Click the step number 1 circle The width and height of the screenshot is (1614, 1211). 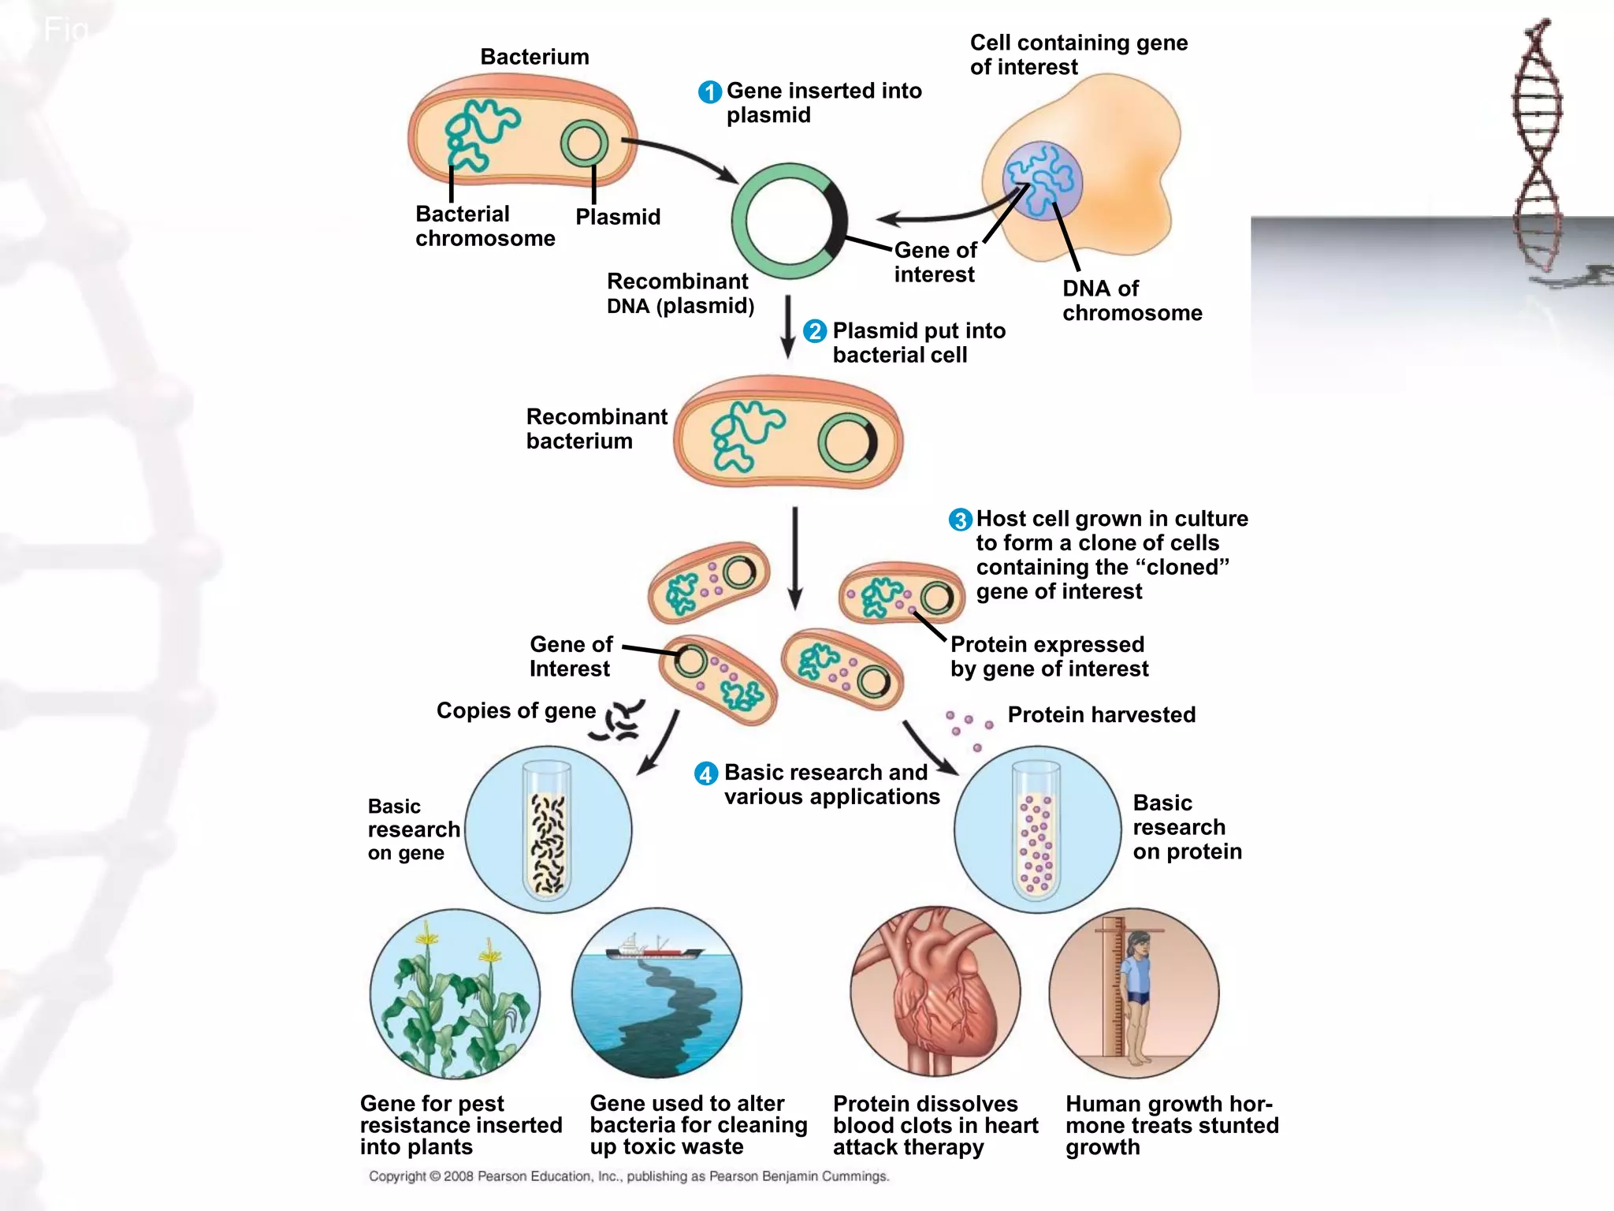point(709,92)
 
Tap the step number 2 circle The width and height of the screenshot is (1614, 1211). point(815,331)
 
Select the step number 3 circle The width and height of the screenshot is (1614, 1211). point(959,520)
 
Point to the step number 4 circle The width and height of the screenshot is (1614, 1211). point(705,773)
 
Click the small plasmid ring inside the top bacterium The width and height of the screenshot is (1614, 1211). point(584,143)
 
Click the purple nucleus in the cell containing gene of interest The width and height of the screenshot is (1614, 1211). point(1042,181)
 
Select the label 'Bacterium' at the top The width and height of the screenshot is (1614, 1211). point(534,57)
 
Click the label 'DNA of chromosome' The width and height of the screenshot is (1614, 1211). point(1132,300)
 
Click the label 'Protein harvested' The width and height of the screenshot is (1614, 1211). point(1101,715)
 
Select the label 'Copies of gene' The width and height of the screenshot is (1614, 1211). point(515,710)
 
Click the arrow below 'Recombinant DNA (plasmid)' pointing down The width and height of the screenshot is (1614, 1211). point(787,327)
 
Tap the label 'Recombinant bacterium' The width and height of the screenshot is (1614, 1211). point(596,429)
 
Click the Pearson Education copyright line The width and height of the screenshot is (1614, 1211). point(628,1176)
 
